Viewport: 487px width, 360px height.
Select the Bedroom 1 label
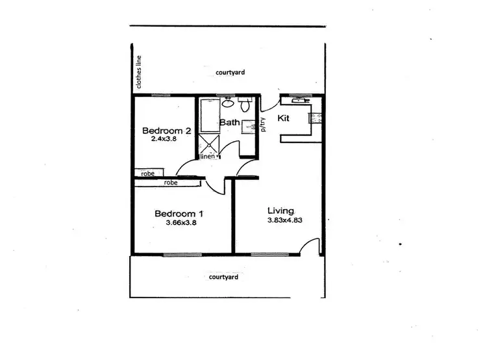(x=179, y=214)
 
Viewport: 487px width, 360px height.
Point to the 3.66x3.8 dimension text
(x=181, y=223)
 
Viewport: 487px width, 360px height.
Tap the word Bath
(x=229, y=122)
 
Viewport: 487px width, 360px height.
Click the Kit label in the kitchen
(x=283, y=118)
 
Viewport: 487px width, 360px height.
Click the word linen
(x=208, y=157)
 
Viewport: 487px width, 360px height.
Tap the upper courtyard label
(x=230, y=73)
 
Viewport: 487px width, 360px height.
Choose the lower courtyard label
(x=223, y=277)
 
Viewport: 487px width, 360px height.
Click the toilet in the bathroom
(x=245, y=105)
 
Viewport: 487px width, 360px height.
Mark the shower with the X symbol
(x=209, y=142)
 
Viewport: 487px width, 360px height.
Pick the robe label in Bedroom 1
(x=171, y=183)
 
